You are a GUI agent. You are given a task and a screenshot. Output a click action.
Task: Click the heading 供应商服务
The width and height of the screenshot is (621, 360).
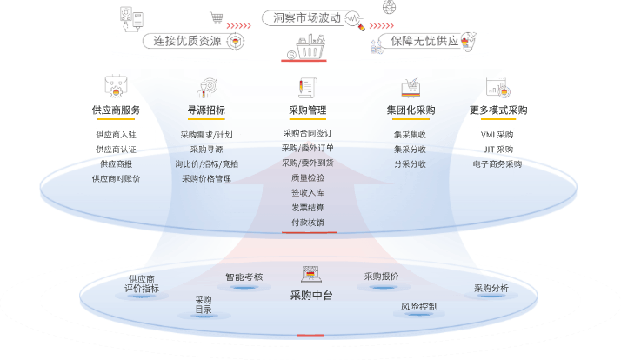click(116, 110)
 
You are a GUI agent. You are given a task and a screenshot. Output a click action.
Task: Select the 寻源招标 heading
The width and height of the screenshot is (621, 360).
click(206, 110)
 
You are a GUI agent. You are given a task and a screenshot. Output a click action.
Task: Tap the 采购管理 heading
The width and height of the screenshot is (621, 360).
click(307, 110)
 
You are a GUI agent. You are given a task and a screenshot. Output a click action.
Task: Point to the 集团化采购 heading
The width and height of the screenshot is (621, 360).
click(411, 110)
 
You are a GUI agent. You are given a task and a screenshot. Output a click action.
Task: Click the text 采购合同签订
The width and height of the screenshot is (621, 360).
click(307, 133)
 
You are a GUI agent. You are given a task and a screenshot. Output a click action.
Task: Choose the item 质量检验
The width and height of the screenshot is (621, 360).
click(307, 177)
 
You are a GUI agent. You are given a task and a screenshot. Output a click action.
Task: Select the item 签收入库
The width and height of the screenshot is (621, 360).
click(307, 192)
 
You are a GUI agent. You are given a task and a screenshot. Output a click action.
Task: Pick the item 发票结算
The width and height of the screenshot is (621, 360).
click(307, 207)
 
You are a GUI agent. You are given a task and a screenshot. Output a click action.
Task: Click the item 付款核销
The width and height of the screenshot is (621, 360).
click(307, 222)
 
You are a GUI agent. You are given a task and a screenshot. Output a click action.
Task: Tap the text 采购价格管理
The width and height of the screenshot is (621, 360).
click(206, 178)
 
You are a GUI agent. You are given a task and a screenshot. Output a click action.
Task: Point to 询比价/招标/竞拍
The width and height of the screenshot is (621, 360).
click(206, 163)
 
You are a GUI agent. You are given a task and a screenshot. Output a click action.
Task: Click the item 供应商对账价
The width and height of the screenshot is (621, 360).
click(116, 178)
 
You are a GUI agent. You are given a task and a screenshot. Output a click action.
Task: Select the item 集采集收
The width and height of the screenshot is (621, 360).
click(410, 135)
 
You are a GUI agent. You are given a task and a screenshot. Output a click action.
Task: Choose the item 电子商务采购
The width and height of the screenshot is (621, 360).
click(497, 163)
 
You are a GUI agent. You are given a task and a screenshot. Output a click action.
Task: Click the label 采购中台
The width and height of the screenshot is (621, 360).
click(311, 296)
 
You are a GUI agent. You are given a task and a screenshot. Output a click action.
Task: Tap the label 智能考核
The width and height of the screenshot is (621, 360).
click(244, 277)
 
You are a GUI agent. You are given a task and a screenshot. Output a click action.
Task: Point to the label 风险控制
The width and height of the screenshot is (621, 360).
click(419, 306)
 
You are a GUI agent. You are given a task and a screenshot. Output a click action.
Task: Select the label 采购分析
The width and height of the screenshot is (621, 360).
click(491, 288)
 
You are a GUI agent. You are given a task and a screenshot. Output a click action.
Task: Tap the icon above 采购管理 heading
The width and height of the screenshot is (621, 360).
click(306, 88)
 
